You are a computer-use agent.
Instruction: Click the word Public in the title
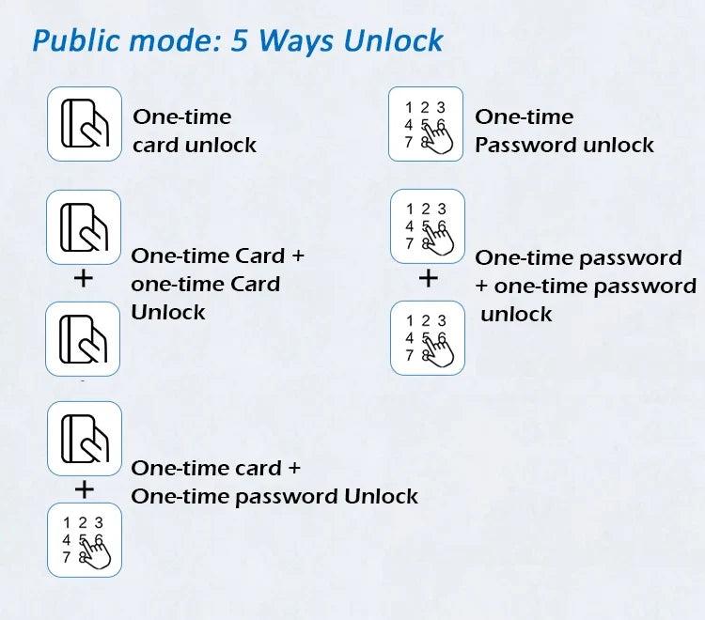tap(77, 41)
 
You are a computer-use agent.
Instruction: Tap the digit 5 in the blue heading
tap(239, 39)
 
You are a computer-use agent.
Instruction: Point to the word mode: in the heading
tap(175, 40)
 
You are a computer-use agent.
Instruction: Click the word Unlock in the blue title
tap(394, 40)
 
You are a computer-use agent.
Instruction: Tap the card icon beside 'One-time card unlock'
tap(85, 124)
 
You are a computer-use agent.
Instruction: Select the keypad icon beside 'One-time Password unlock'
tap(426, 124)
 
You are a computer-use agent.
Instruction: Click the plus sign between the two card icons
tap(83, 279)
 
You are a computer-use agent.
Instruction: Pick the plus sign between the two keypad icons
tap(428, 278)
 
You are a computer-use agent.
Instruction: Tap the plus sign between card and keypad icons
tap(85, 489)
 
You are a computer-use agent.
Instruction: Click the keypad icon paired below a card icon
tap(85, 540)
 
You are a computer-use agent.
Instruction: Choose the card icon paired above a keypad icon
tap(85, 439)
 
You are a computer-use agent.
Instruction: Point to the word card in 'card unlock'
tap(155, 145)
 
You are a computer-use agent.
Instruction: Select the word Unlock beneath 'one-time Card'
tap(167, 312)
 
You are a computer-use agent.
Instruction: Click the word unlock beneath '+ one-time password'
tap(516, 314)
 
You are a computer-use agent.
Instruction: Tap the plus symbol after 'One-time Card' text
tap(298, 256)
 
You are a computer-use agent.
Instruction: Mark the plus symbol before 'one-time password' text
tap(481, 286)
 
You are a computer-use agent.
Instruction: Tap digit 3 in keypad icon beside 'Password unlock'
tap(441, 107)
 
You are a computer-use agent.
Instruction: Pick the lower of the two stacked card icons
tap(83, 339)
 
